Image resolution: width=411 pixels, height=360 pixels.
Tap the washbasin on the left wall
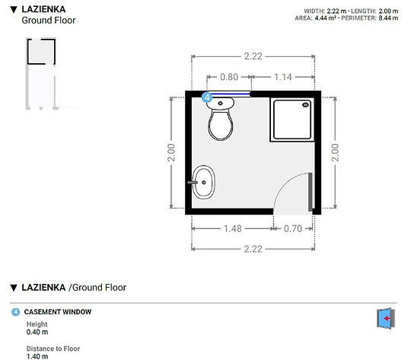point(205,182)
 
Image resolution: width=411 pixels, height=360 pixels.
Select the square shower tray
point(292,120)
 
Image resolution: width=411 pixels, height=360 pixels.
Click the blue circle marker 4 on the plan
point(206,97)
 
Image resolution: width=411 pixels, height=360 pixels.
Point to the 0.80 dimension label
point(228,77)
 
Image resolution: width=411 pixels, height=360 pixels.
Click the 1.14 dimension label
point(283,77)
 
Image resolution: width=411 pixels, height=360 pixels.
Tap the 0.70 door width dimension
point(292,228)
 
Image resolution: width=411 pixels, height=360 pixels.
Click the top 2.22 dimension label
point(253,56)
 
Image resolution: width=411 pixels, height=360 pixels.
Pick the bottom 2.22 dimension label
point(253,249)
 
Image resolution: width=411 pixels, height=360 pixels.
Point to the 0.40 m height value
point(37,332)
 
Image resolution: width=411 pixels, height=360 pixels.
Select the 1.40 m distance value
point(37,355)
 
